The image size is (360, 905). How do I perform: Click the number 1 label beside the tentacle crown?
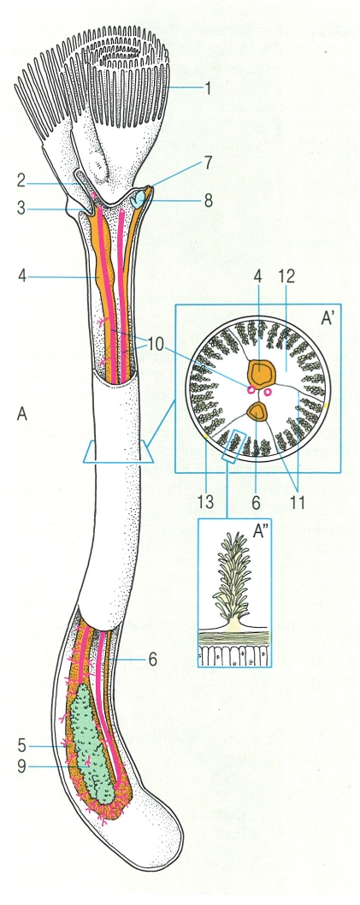[x=207, y=88]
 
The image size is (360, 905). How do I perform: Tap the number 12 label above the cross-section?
[x=286, y=276]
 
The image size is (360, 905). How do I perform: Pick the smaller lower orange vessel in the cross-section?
[x=258, y=411]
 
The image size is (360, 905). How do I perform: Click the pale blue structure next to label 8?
[x=138, y=200]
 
